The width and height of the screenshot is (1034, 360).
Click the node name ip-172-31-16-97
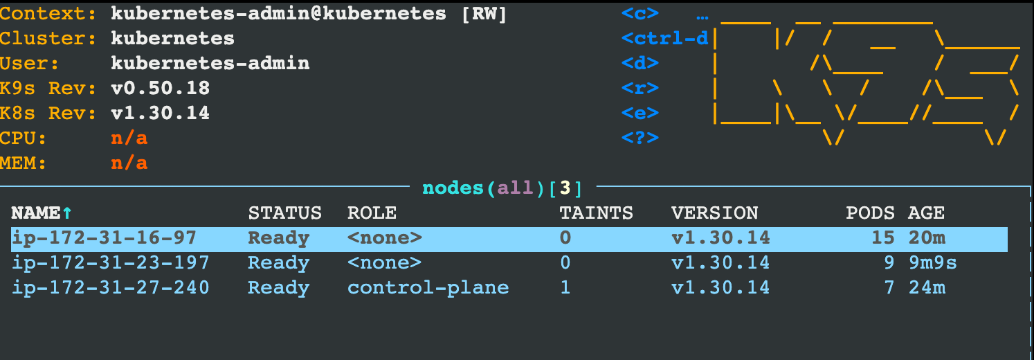104,238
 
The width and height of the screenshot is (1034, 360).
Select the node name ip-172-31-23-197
111,263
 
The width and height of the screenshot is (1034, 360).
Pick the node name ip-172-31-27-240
111,288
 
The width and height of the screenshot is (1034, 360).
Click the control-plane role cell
428,288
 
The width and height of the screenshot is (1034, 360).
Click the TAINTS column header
596,213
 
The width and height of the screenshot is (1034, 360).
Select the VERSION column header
714,213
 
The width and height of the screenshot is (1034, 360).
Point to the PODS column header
870,213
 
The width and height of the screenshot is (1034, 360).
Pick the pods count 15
882,238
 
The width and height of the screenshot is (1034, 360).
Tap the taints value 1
565,288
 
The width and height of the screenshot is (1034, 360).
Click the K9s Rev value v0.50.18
160,89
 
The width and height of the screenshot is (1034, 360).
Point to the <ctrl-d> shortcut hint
665,39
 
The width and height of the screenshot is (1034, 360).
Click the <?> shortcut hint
640,138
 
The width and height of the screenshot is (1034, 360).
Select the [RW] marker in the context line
484,14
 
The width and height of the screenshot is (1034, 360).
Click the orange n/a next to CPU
129,138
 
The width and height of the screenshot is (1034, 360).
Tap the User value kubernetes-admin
210,64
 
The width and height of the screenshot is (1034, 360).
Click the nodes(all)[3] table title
502,188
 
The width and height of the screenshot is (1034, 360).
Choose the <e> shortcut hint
640,114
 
